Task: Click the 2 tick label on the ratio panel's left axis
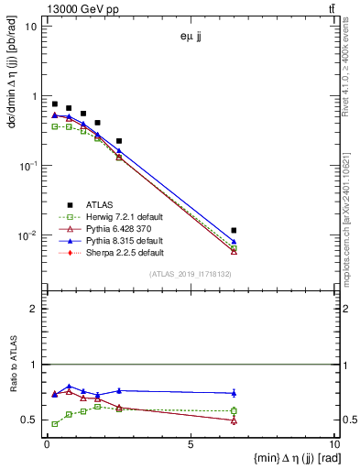(34, 309)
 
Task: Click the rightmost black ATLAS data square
(235, 230)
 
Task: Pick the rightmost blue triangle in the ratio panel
(235, 393)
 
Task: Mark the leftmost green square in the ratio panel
(55, 424)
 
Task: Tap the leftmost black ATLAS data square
(55, 104)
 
